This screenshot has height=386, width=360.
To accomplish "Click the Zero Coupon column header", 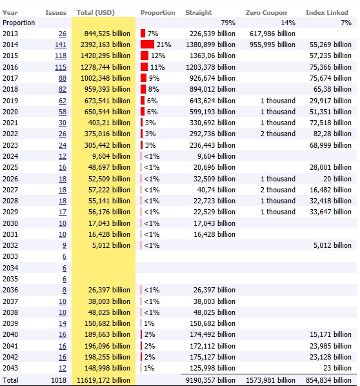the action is (266, 12).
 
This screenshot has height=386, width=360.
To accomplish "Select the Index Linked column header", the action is (327, 12).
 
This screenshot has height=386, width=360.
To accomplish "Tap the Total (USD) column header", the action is (95, 12).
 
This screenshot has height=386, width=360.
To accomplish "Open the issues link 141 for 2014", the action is (61, 45).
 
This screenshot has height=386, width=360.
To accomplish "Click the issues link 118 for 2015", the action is (61, 56).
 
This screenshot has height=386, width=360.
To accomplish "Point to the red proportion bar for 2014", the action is (147, 45).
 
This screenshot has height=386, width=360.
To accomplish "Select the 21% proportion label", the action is (164, 45).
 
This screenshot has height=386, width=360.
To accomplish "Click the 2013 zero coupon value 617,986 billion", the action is (272, 34).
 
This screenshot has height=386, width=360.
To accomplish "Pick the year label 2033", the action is (10, 256).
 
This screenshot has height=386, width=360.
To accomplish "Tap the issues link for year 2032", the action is (65, 245).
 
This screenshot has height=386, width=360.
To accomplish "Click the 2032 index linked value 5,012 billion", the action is (332, 245).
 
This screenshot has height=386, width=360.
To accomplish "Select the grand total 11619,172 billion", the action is (103, 380).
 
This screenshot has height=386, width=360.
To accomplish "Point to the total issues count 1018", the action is (59, 380).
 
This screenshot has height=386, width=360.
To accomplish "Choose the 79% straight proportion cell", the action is (228, 23).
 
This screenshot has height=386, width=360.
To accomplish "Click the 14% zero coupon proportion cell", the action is (288, 23).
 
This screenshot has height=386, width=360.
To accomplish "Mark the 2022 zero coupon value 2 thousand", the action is (278, 134).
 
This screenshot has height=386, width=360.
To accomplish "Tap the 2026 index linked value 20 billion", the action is (337, 179).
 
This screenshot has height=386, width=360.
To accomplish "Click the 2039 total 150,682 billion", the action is (107, 323).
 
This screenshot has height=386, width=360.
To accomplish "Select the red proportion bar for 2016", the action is (145, 67).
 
